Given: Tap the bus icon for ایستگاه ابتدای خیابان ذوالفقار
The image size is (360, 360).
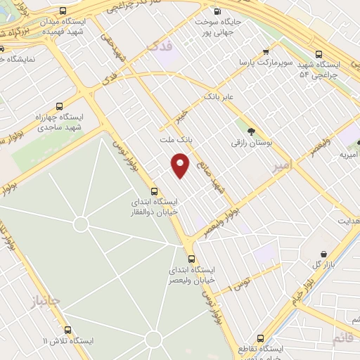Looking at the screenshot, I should [x=155, y=191].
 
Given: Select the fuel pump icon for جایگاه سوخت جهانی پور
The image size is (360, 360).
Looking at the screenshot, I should [x=216, y=11].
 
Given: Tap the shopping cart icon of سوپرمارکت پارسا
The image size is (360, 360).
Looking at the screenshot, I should [x=265, y=51].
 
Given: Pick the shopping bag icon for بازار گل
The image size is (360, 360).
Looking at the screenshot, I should [x=323, y=254].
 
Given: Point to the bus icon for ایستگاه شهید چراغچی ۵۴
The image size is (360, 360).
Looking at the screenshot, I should [x=319, y=53].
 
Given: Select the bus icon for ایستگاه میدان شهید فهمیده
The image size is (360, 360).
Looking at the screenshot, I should [x=64, y=11].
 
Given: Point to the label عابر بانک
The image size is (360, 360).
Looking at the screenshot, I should [x=218, y=94].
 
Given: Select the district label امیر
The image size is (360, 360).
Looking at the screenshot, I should [x=280, y=166].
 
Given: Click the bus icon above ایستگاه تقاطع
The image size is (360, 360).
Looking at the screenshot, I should [x=261, y=337].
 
